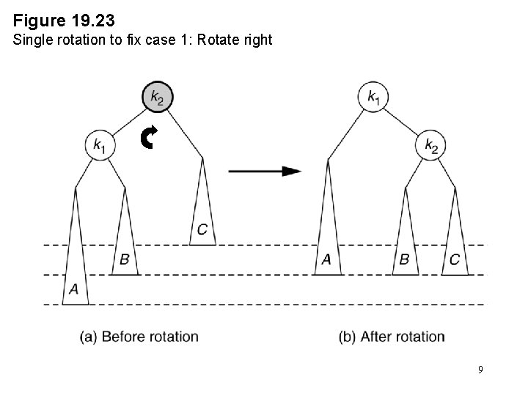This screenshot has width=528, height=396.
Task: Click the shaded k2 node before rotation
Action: click(157, 96)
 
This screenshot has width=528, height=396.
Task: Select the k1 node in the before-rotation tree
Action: click(100, 144)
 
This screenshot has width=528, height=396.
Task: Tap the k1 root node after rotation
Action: click(373, 96)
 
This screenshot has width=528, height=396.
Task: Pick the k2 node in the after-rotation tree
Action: click(430, 144)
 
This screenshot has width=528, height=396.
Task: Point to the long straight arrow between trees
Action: click(265, 171)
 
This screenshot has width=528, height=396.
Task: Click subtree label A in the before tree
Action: click(74, 290)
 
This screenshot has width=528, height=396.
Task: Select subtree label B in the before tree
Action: click(125, 259)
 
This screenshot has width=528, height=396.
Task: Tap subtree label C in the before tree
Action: click(202, 230)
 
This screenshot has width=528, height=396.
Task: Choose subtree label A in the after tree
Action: click(327, 259)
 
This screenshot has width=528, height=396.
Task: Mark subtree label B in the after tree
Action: click(404, 259)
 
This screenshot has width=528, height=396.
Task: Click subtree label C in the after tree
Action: click(455, 259)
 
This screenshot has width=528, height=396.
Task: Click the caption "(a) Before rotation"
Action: click(139, 337)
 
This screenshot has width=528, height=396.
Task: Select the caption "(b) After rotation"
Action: click(392, 337)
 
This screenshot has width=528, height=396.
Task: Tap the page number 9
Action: click(480, 370)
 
